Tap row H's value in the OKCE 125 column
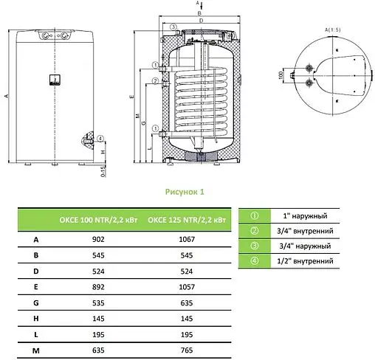pos(179,318)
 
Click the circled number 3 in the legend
pos(254,246)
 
